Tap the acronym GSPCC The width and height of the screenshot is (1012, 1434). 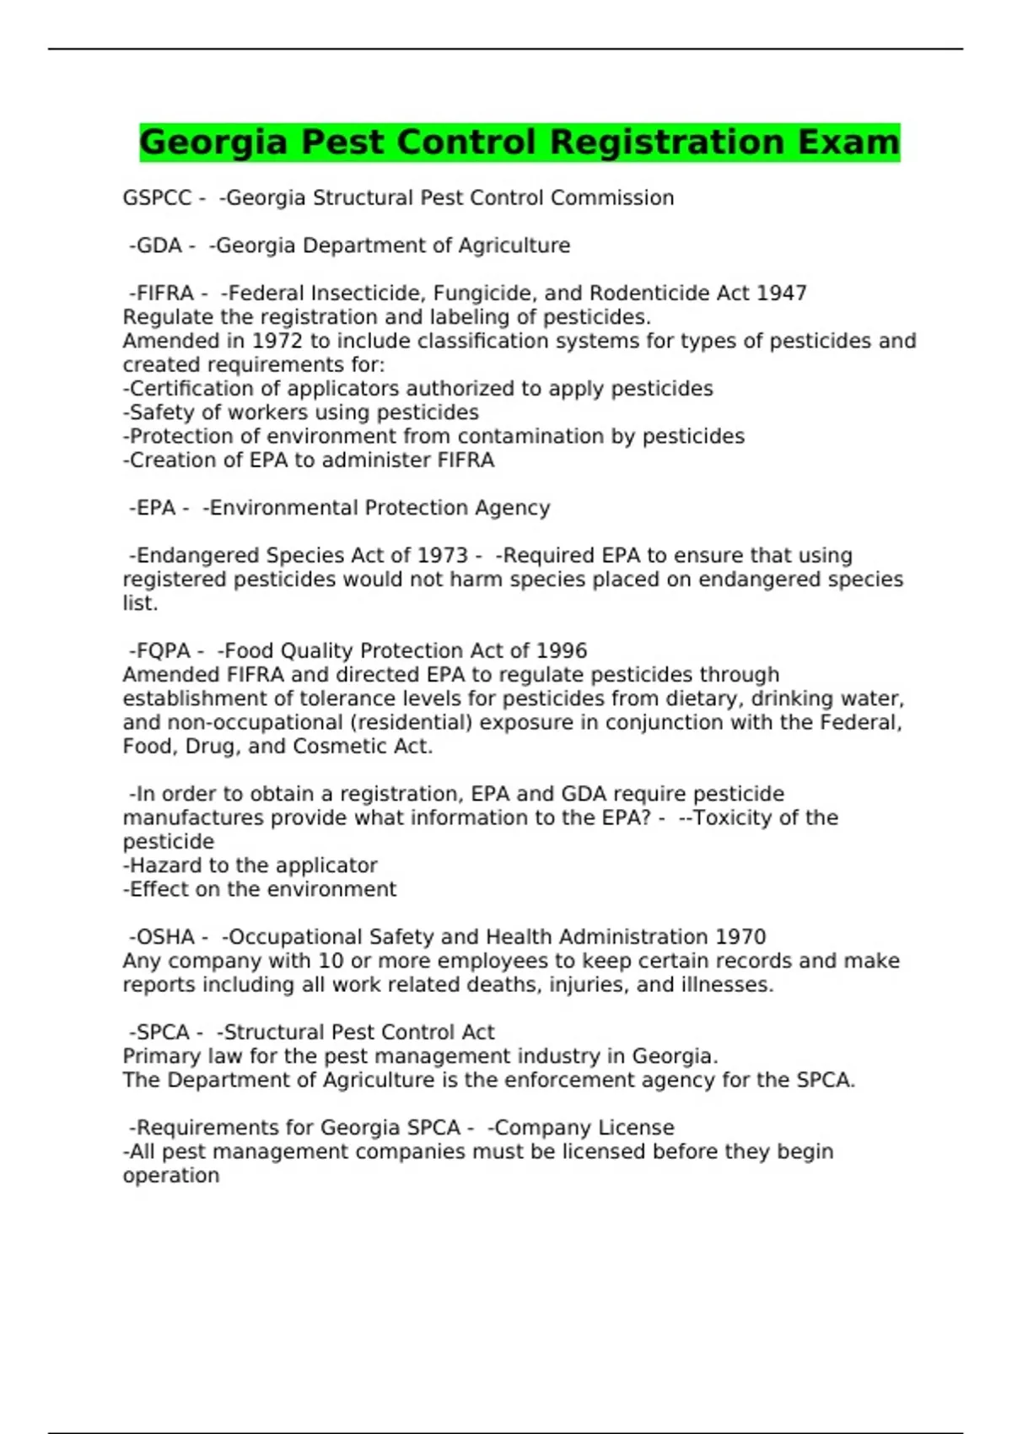[158, 198]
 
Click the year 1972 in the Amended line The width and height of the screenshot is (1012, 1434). [277, 342]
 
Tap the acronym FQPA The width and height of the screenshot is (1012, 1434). [164, 651]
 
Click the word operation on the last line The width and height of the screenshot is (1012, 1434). [171, 1176]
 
